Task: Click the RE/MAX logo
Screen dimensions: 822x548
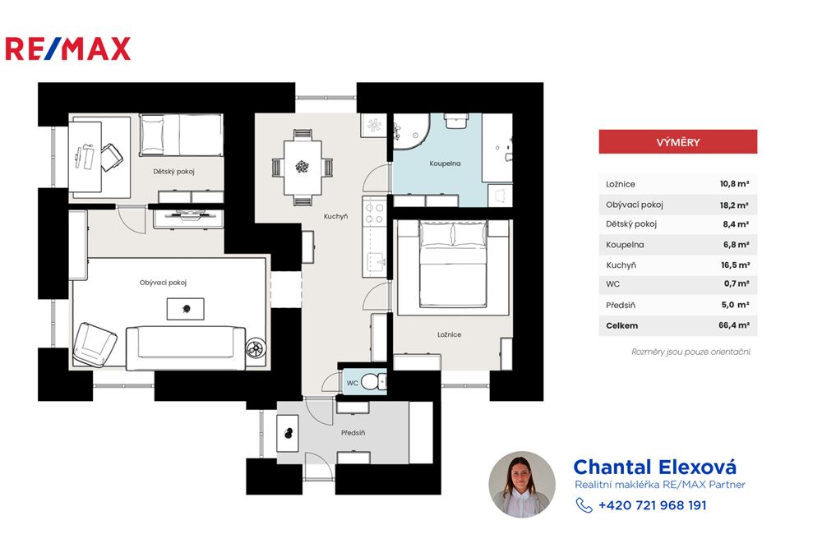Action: point(67,48)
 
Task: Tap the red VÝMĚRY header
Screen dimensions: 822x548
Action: point(678,142)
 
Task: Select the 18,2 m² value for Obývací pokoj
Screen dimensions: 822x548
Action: point(734,205)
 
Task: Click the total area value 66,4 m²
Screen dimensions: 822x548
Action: point(734,325)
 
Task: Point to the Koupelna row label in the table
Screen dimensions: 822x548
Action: point(625,245)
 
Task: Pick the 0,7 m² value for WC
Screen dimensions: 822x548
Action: point(736,284)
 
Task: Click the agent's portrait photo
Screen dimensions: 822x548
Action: point(522,485)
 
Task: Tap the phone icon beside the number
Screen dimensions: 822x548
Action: point(584,505)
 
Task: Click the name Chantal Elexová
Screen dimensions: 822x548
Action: point(655,467)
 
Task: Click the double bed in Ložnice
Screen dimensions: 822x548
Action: point(453,264)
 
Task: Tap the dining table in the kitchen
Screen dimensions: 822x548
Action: point(302,168)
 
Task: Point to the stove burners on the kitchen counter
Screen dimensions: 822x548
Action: point(375,214)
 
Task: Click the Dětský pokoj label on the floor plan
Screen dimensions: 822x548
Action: point(173,172)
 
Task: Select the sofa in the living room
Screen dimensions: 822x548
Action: point(186,348)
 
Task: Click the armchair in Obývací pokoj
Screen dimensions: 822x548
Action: point(95,343)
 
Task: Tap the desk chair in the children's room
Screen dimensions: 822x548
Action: point(112,157)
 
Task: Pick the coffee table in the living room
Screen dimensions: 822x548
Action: point(186,309)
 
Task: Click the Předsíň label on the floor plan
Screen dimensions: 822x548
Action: point(353,433)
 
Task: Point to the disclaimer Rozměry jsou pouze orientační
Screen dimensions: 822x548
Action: point(691,352)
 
